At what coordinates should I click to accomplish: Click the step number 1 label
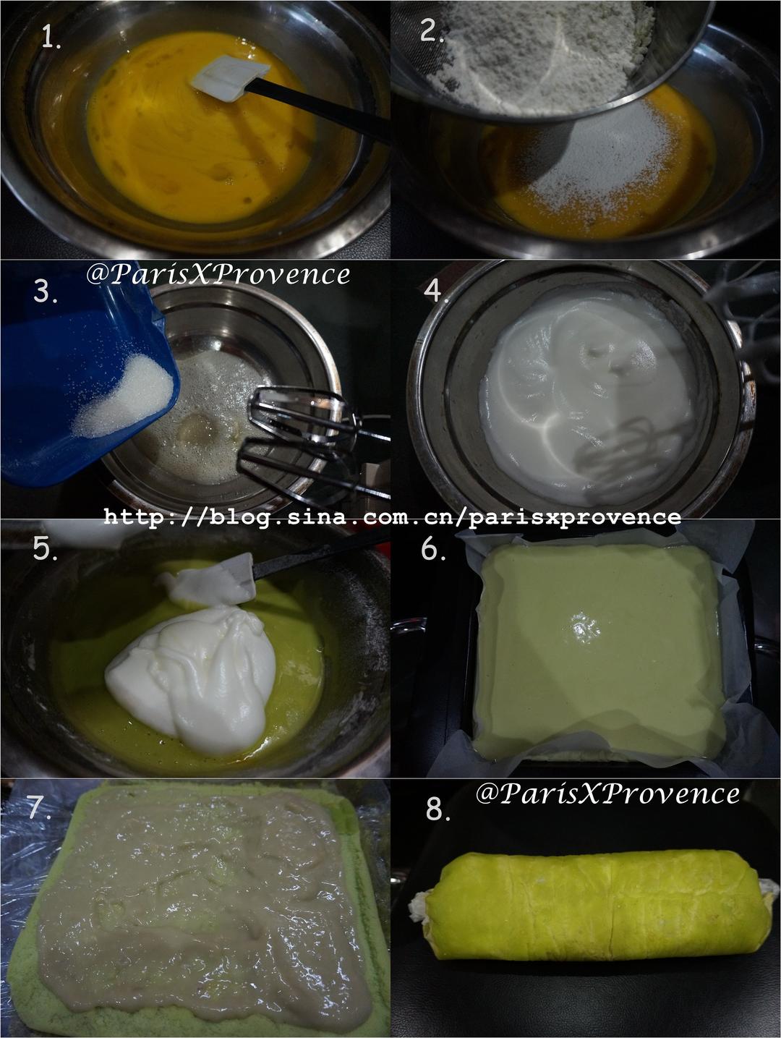(51, 37)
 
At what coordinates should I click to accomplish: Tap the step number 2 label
(432, 31)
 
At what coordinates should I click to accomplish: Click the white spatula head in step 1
(230, 77)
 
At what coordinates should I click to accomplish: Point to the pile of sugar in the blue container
(124, 396)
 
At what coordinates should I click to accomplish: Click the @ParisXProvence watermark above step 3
(218, 274)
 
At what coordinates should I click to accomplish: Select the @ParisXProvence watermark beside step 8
(607, 794)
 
